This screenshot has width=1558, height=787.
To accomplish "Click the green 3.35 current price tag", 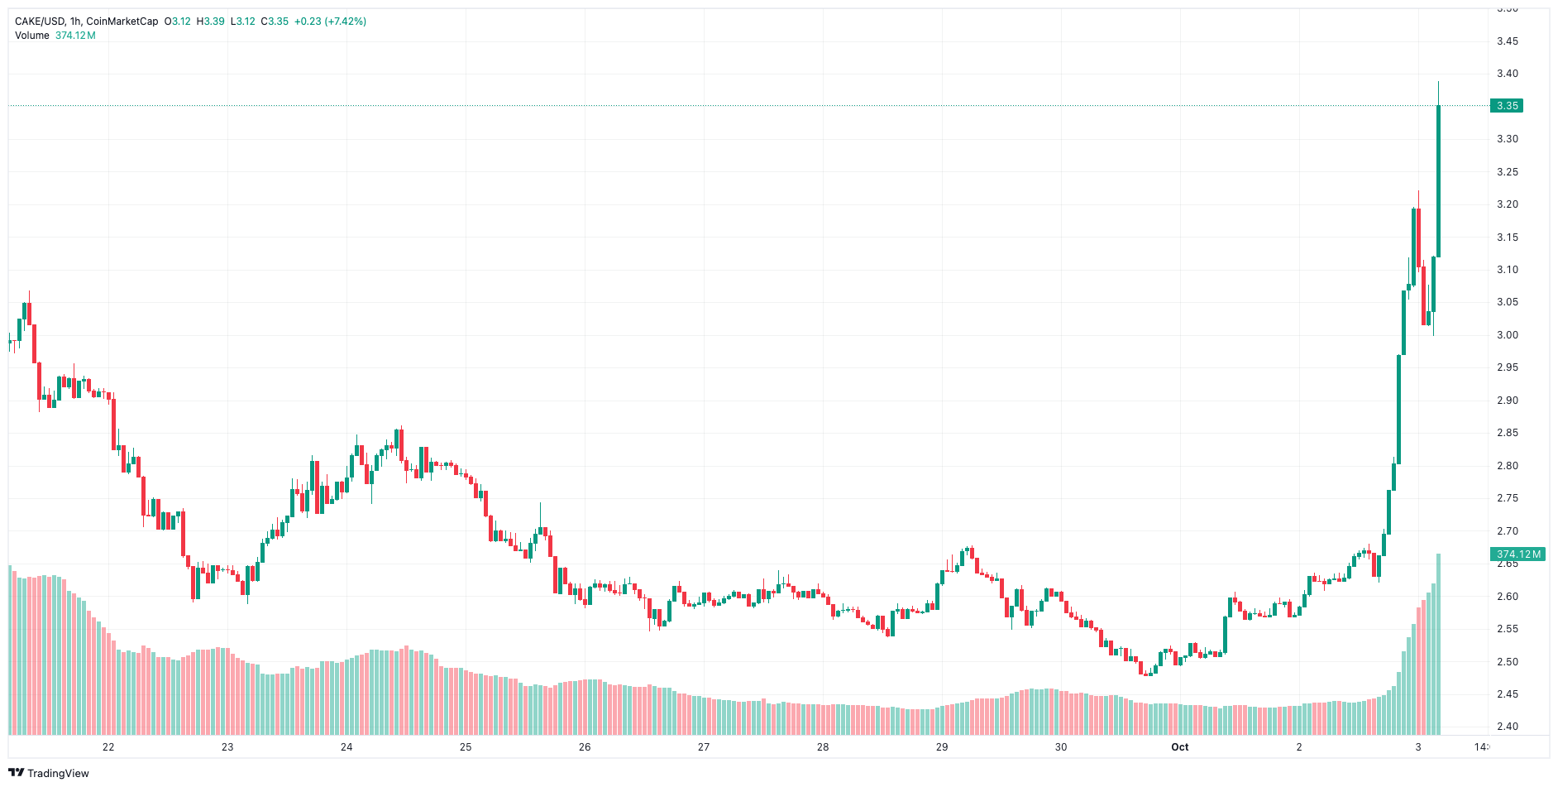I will [x=1506, y=106].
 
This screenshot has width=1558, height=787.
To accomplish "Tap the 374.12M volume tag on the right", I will [x=1518, y=554].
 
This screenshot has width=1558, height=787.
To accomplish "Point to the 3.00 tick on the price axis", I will [x=1508, y=335].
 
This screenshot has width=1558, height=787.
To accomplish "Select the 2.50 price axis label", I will [x=1508, y=662].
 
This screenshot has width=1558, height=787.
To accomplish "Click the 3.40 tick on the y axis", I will [x=1508, y=74].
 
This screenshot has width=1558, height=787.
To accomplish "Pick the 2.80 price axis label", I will [x=1508, y=466].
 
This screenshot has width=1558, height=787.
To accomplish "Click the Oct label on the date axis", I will [x=1179, y=747].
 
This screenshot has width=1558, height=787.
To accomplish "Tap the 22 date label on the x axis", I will [x=108, y=747].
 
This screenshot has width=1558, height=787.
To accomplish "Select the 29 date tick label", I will [x=942, y=747].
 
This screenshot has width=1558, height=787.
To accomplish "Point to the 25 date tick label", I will [x=466, y=747].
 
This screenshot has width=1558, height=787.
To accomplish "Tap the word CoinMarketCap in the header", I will [x=122, y=22].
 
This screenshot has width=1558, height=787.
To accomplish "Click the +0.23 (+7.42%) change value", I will [x=330, y=22].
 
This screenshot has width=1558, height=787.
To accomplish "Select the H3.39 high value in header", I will [x=210, y=22].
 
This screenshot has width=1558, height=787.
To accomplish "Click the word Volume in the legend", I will [x=32, y=36].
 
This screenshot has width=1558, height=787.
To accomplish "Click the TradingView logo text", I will [x=58, y=773].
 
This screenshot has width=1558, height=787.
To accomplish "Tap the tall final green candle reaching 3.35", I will [x=1439, y=182].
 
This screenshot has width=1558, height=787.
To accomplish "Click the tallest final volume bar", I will [x=1439, y=645].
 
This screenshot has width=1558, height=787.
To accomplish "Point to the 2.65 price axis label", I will [x=1508, y=564].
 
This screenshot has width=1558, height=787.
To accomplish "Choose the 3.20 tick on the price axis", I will [x=1508, y=204].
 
